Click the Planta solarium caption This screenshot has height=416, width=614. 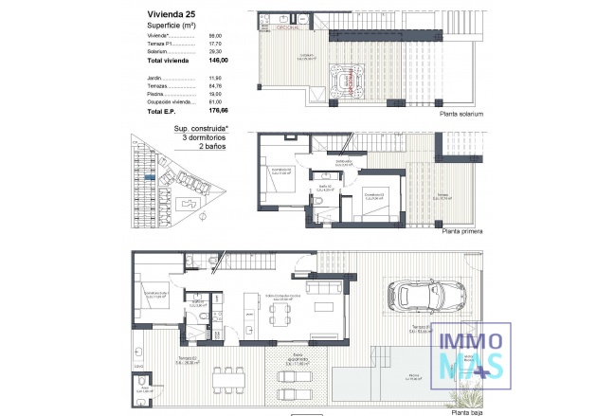coord(460,114)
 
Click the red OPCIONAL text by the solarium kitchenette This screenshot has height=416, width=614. coord(288,28)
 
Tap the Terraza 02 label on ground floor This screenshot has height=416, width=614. coord(160,358)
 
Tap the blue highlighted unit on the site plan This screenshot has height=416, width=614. coord(150,177)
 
